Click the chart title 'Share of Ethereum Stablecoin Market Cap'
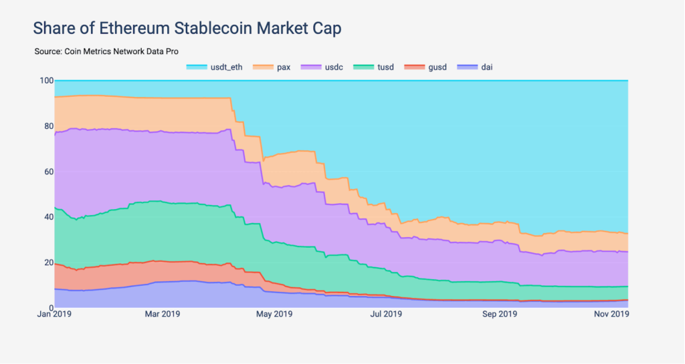pyautogui.click(x=187, y=28)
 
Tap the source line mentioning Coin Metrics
pyautogui.click(x=106, y=51)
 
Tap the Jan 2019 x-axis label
pyautogui.click(x=54, y=314)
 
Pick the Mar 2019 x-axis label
pyautogui.click(x=162, y=314)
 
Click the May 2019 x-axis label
pyautogui.click(x=274, y=314)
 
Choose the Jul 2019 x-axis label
pyautogui.click(x=386, y=314)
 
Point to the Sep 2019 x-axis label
pyautogui.click(x=499, y=314)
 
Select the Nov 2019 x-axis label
pyautogui.click(x=611, y=314)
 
